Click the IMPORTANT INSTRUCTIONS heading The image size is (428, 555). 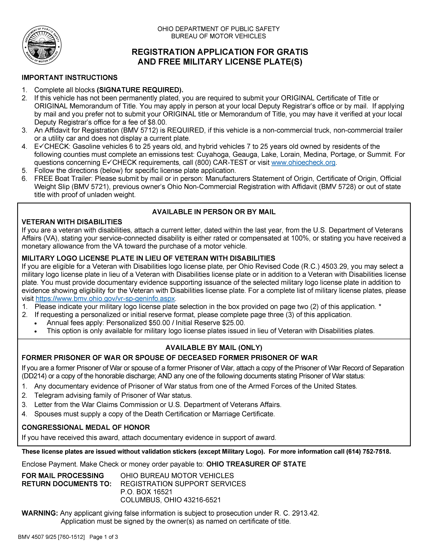click(x=70, y=78)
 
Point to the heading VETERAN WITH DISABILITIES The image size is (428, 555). click(x=72, y=222)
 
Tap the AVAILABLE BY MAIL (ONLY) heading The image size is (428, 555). click(x=214, y=347)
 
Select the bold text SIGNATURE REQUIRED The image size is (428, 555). click(x=140, y=90)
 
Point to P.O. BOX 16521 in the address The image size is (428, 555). click(x=146, y=492)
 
